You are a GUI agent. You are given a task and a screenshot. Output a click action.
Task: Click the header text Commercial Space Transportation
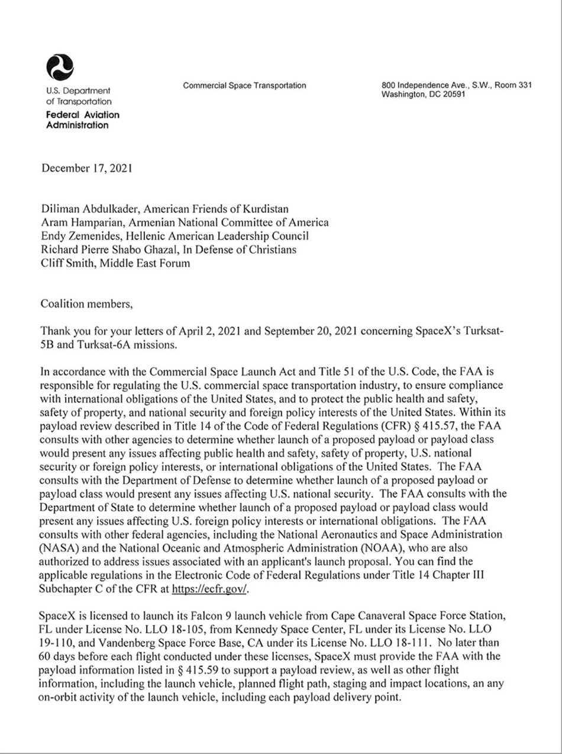click(244, 86)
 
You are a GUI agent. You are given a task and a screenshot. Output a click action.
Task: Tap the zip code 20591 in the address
click(452, 94)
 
